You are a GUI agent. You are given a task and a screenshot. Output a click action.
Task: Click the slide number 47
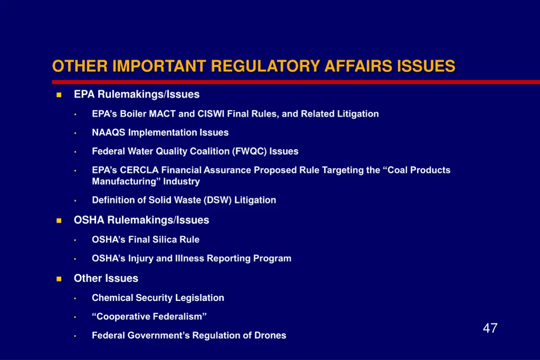click(x=490, y=328)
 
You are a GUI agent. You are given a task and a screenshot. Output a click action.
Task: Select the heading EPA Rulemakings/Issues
click(x=137, y=94)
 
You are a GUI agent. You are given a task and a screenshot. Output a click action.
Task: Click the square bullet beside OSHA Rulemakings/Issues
click(x=59, y=220)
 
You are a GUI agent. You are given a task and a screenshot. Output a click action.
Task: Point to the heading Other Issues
click(x=106, y=278)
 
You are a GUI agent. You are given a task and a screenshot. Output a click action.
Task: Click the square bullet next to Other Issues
click(x=59, y=279)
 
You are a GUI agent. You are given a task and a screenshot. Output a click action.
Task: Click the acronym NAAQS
click(x=109, y=132)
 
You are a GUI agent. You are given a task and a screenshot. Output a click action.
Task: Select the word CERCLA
click(x=139, y=170)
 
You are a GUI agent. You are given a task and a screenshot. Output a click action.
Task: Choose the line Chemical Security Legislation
click(x=158, y=298)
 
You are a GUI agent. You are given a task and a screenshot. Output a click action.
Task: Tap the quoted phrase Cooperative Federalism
click(x=149, y=317)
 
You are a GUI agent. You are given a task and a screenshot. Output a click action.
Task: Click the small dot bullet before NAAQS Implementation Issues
click(x=75, y=133)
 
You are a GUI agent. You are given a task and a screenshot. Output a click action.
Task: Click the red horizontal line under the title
click(x=295, y=82)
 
